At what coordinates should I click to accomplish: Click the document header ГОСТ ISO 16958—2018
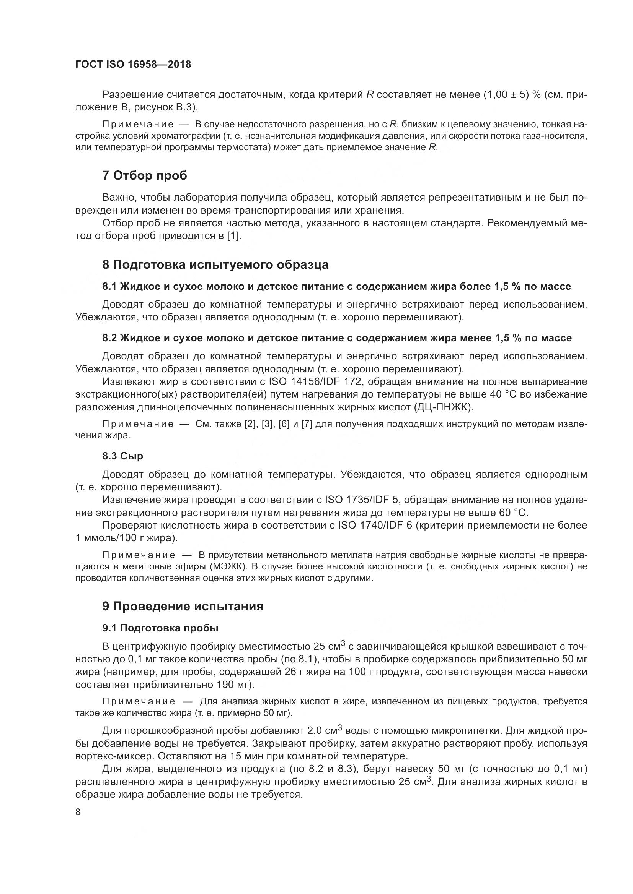pos(133,65)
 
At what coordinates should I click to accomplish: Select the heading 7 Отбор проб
pos(145,176)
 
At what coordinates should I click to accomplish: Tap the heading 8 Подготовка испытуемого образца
pos(215,265)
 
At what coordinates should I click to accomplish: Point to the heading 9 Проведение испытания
pos(183,606)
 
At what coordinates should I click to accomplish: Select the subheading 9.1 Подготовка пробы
pos(160,628)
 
